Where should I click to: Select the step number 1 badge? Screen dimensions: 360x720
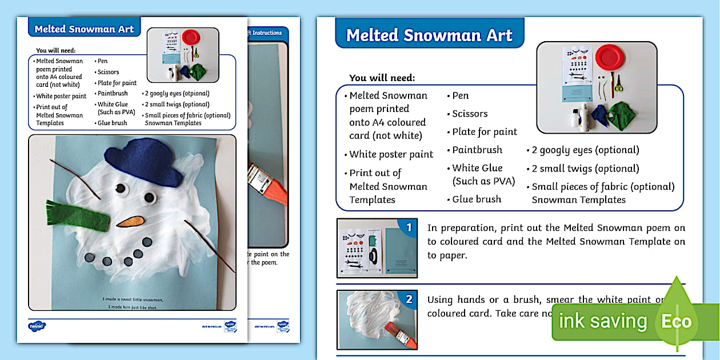pos(408,228)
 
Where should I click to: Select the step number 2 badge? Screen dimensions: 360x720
pos(408,299)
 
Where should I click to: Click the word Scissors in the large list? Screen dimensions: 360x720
pos(470,114)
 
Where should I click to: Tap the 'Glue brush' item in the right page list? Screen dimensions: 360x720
pos(477,199)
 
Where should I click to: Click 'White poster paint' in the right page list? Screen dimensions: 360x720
pos(391,154)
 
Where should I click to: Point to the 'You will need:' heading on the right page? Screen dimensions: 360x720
pos(382,78)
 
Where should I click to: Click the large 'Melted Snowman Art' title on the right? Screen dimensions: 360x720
pos(429,35)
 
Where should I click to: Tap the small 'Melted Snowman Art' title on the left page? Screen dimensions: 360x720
pos(84,29)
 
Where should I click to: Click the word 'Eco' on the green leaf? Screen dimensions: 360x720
pos(676,321)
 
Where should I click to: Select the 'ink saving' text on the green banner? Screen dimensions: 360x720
pos(602,321)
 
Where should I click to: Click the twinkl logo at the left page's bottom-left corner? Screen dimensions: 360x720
pos(37,326)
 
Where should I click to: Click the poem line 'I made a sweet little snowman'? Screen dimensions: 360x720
pos(133,299)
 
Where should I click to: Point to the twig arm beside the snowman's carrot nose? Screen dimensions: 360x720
pos(209,246)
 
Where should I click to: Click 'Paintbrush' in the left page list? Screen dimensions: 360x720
pos(112,94)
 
